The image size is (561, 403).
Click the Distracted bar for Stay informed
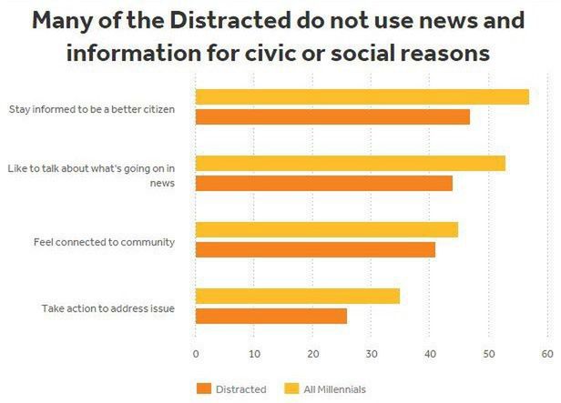(x=332, y=116)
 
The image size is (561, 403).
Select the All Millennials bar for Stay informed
(x=362, y=97)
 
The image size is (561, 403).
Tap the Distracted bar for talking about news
(x=323, y=183)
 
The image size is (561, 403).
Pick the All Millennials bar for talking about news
(x=350, y=164)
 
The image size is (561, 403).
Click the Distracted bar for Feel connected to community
(x=315, y=249)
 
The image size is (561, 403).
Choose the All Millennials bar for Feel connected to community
(x=326, y=229)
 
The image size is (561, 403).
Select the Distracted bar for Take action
(x=270, y=316)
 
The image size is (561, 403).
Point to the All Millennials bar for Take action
(x=297, y=296)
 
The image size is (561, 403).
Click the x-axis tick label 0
(x=196, y=355)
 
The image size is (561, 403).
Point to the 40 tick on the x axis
(x=430, y=355)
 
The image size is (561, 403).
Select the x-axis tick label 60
(x=546, y=355)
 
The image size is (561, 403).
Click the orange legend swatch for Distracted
(x=203, y=389)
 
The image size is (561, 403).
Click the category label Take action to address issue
(x=107, y=308)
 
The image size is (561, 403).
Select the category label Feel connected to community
(x=104, y=242)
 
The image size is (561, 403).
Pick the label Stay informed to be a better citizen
(x=91, y=110)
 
